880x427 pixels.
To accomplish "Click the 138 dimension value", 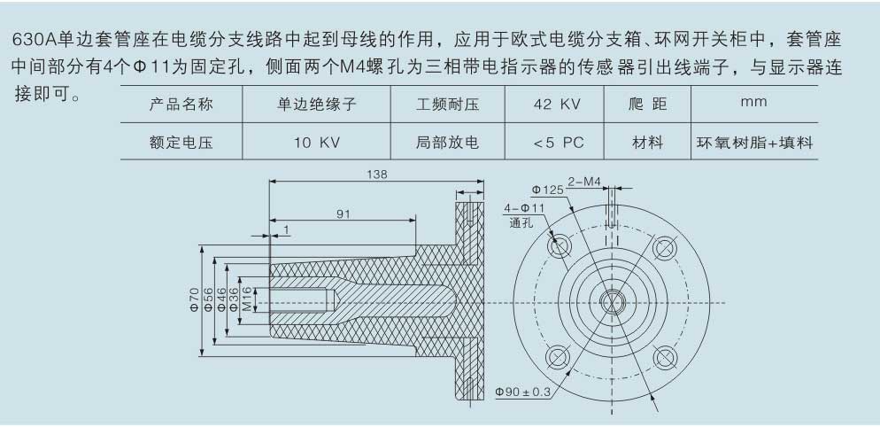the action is click(x=377, y=175).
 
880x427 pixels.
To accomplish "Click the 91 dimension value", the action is click(x=343, y=213).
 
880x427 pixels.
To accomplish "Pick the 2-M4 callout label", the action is click(x=584, y=182).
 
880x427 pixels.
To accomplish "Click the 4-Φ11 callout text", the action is click(x=524, y=208).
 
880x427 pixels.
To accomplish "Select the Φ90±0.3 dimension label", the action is click(x=523, y=392).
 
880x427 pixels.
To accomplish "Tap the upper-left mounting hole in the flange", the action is click(x=560, y=246).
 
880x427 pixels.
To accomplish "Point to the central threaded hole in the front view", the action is click(x=612, y=302).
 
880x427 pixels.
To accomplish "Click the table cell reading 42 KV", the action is click(x=554, y=104).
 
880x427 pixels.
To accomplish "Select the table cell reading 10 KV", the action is click(x=317, y=142).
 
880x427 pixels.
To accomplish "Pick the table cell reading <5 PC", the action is click(x=554, y=142).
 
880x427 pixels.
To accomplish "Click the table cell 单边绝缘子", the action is click(x=317, y=104).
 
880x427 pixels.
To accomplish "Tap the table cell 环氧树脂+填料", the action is click(x=754, y=142).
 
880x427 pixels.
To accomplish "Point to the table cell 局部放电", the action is click(x=447, y=142).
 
